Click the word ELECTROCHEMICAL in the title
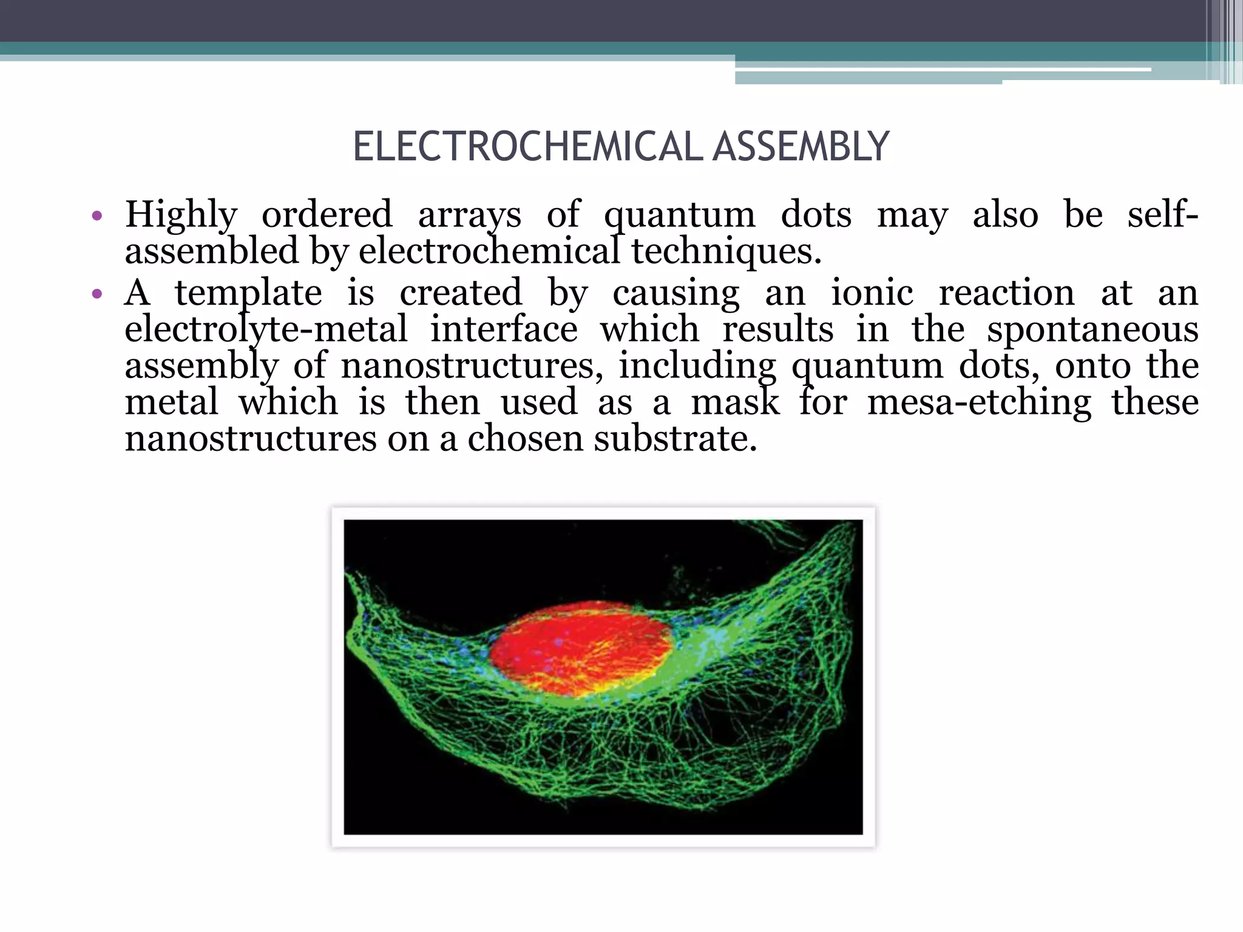(527, 147)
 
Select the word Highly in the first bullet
(181, 215)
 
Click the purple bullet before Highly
(97, 216)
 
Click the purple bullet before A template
(97, 295)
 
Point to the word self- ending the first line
(1162, 215)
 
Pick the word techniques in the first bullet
(725, 251)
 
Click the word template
(248, 293)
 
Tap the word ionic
(872, 293)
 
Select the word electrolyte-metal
(266, 329)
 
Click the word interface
(504, 329)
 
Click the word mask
(735, 402)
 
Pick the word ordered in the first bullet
(327, 215)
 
